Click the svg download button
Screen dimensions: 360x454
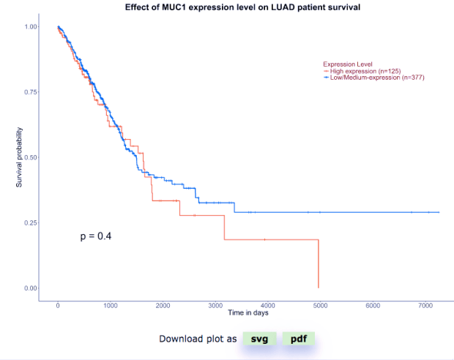(259, 339)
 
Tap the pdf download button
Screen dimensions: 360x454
(298, 339)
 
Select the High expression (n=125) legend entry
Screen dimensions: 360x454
(365, 71)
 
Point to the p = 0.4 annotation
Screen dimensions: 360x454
(95, 236)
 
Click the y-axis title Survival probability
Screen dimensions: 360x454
(20, 157)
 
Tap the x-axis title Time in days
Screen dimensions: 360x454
(248, 312)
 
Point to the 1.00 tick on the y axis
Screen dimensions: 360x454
(31, 27)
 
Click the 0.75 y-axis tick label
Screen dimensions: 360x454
(31, 92)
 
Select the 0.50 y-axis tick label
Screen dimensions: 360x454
(31, 157)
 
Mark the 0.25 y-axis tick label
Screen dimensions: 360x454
(31, 222)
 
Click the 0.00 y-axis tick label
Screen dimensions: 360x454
(31, 288)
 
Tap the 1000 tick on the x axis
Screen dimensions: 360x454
(110, 304)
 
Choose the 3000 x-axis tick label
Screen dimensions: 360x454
(215, 304)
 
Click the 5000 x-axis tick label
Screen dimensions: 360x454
(319, 304)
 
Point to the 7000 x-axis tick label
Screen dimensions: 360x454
(424, 304)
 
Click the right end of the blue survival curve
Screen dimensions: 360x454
(438, 212)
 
